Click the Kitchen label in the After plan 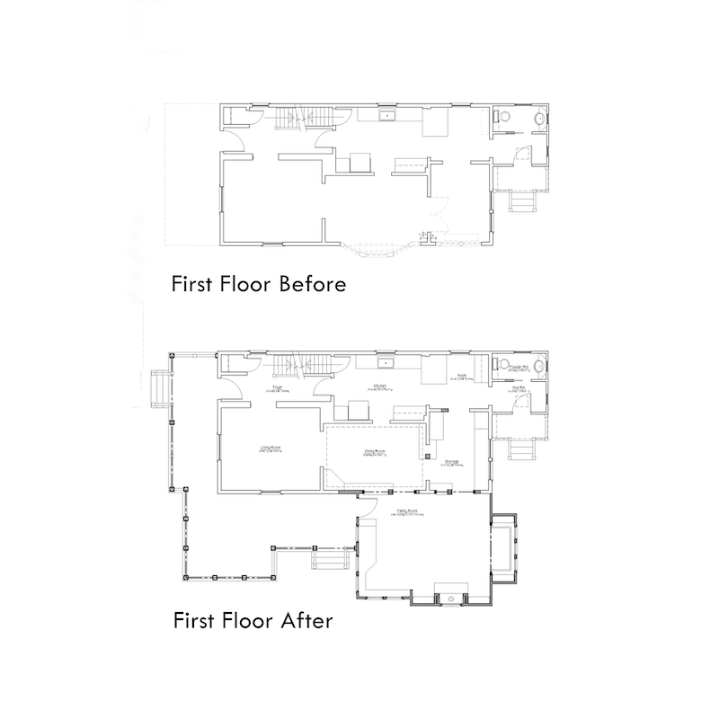click(x=382, y=387)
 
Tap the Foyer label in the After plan click(x=278, y=387)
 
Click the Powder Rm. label click(x=519, y=368)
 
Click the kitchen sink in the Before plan click(x=389, y=115)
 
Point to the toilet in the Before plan click(x=504, y=119)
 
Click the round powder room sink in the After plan click(x=538, y=367)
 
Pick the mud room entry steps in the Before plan click(x=521, y=203)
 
